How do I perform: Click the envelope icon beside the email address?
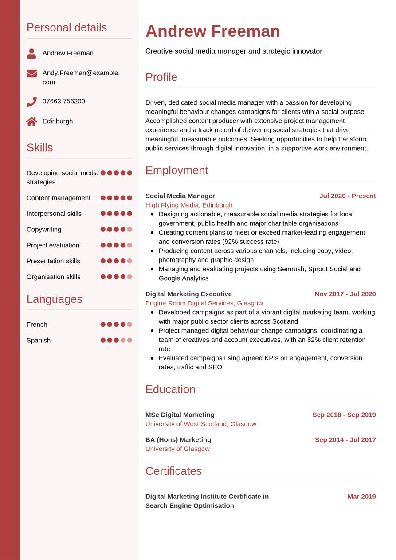[31, 74]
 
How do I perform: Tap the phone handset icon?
[31, 102]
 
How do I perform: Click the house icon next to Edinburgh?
[31, 121]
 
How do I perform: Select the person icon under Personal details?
[31, 54]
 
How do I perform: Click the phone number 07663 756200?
[64, 101]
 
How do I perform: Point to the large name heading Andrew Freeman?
[212, 31]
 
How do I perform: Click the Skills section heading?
[39, 148]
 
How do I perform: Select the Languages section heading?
[54, 299]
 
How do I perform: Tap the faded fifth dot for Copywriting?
[129, 230]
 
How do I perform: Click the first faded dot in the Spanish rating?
[123, 341]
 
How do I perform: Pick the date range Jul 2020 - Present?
[347, 196]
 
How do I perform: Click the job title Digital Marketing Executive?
[188, 294]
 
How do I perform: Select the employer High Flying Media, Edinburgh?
[189, 205]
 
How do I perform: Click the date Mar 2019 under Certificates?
[361, 497]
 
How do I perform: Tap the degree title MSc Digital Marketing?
[180, 415]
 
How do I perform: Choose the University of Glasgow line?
[177, 449]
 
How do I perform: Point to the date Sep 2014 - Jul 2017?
[345, 440]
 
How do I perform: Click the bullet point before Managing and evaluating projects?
[153, 269]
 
